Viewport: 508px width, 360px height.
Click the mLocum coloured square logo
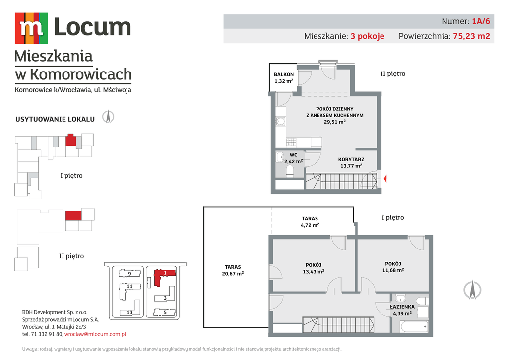[31, 28]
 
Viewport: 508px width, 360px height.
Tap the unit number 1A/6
[481, 21]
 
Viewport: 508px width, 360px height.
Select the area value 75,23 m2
[471, 36]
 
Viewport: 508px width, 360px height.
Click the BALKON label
[284, 74]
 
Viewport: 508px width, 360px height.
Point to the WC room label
[294, 155]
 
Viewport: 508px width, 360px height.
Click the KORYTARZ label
[351, 159]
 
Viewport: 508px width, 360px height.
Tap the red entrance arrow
[385, 179]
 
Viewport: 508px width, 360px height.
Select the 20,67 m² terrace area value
[233, 274]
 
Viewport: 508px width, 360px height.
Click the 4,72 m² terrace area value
[310, 225]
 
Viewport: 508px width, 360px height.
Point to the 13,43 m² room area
[314, 271]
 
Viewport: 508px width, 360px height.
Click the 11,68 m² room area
[393, 270]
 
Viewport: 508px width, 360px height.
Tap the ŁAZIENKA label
[402, 307]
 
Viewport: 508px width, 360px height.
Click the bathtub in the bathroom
[414, 326]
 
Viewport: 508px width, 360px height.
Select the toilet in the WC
[290, 171]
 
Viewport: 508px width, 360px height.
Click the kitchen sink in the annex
[281, 121]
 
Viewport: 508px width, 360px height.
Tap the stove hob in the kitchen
[291, 142]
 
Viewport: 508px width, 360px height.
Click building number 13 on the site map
[129, 313]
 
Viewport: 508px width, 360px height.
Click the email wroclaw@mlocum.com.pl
[95, 334]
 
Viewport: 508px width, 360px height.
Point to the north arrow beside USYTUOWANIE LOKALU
[108, 117]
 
